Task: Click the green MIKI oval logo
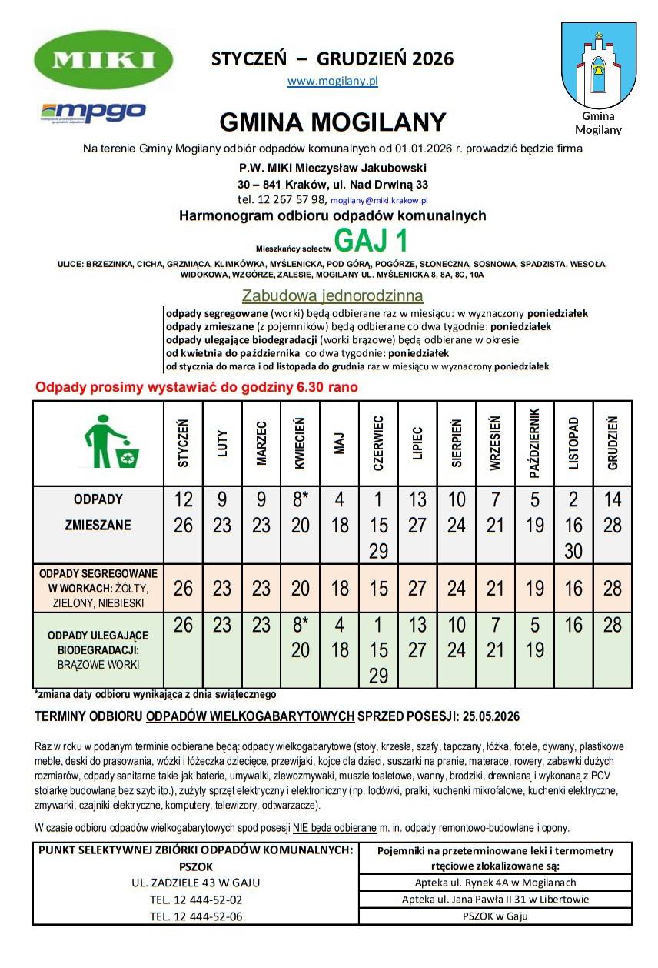tap(104, 59)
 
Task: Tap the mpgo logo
tap(93, 112)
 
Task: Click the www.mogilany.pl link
tap(332, 80)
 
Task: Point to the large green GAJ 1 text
tap(371, 241)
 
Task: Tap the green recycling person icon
tap(111, 442)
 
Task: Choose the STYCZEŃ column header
tap(184, 443)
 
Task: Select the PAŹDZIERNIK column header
tap(535, 443)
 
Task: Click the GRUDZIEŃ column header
tap(613, 443)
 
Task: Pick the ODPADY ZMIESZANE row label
tap(98, 513)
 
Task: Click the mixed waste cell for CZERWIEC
tap(378, 525)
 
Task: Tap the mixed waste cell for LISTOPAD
tap(573, 525)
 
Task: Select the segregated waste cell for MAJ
tap(339, 589)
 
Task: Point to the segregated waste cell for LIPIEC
tap(417, 589)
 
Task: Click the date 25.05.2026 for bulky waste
tap(491, 716)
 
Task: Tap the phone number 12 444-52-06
tap(196, 916)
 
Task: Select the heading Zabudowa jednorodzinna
tap(332, 295)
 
